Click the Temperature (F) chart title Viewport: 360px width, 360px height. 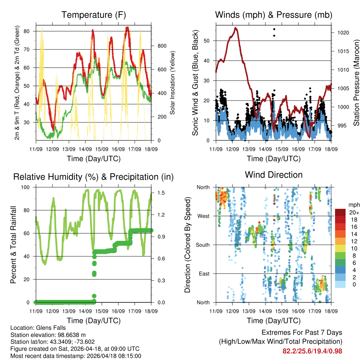point(94,15)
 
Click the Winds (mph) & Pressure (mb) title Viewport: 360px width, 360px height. point(274,15)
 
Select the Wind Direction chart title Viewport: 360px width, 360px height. point(274,175)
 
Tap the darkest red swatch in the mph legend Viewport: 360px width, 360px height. point(341,212)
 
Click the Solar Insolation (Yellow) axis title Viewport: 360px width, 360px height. point(173,83)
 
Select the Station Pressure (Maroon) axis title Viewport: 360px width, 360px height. point(356,83)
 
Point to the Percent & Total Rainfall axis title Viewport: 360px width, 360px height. point(13,245)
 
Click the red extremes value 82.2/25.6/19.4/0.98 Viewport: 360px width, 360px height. point(312,351)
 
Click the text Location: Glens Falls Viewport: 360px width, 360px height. point(38,328)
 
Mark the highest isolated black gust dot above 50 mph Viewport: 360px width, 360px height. point(274,29)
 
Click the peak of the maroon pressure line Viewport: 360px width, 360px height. point(236,28)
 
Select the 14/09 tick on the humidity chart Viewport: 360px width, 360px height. point(85,311)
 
